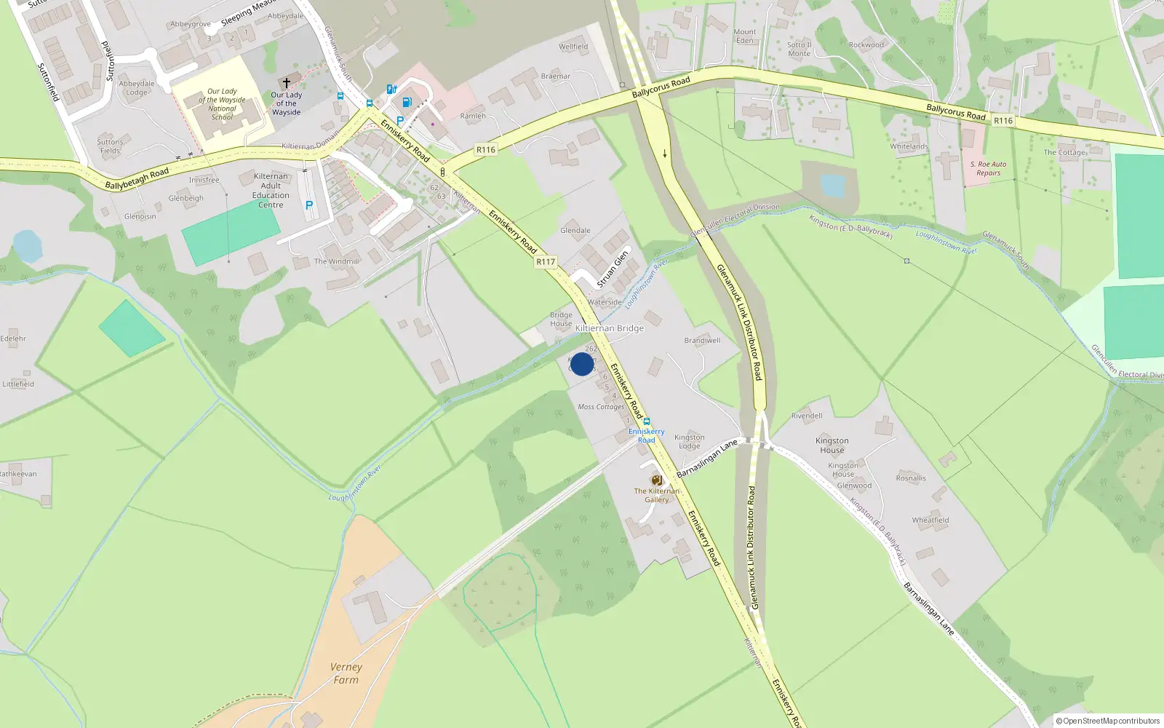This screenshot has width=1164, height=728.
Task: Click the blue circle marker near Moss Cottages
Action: click(582, 364)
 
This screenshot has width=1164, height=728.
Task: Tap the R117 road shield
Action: click(546, 261)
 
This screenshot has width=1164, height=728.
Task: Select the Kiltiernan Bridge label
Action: click(610, 328)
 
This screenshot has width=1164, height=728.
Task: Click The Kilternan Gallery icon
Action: click(656, 480)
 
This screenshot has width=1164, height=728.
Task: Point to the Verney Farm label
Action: click(346, 673)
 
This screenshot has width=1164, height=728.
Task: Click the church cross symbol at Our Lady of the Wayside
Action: click(287, 83)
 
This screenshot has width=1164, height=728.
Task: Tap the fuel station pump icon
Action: click(407, 102)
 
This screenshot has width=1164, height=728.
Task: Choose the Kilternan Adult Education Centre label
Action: click(271, 191)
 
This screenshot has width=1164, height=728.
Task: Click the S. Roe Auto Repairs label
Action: click(988, 168)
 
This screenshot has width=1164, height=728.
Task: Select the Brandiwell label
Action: click(702, 341)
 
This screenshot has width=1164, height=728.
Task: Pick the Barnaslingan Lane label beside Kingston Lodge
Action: click(707, 459)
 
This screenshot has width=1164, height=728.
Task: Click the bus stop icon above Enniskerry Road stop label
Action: click(646, 422)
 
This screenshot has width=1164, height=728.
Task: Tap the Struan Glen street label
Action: click(613, 269)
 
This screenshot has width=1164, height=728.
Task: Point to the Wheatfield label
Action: click(930, 520)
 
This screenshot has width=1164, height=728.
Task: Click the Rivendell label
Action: click(807, 416)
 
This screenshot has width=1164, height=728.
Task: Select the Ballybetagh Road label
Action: click(137, 178)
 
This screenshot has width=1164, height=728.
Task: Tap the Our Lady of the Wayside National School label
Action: click(222, 104)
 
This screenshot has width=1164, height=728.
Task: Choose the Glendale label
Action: click(575, 231)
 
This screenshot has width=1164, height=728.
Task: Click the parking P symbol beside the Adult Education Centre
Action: click(309, 206)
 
